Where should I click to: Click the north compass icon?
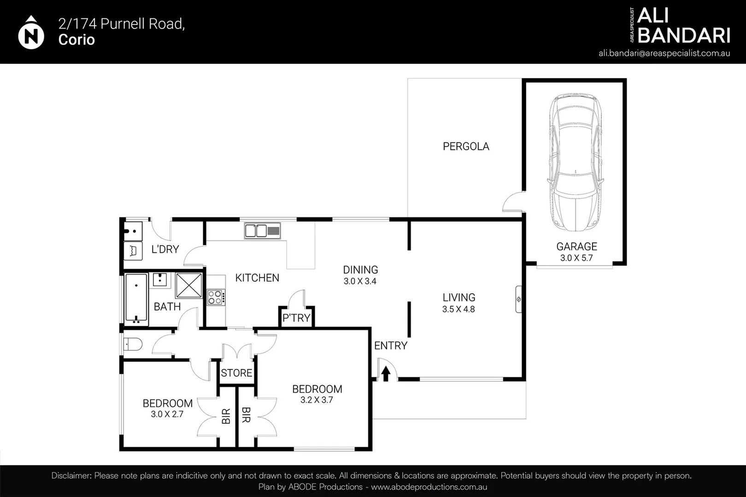[31, 34]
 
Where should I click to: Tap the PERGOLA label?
[466, 146]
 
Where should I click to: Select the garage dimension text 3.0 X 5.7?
[576, 258]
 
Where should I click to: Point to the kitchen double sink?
[262, 231]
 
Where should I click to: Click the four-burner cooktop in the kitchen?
[216, 297]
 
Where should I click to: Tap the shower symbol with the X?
[188, 285]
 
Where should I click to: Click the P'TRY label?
[296, 318]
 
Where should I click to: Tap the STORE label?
[236, 373]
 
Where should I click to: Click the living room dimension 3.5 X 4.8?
[458, 309]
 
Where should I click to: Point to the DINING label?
[360, 270]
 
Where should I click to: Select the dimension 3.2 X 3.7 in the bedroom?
[317, 400]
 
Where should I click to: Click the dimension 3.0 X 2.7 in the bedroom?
[167, 414]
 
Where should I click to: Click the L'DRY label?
[165, 249]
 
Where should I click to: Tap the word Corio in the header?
[76, 40]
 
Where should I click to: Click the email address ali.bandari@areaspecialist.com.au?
[664, 53]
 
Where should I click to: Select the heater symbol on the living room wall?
[518, 299]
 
